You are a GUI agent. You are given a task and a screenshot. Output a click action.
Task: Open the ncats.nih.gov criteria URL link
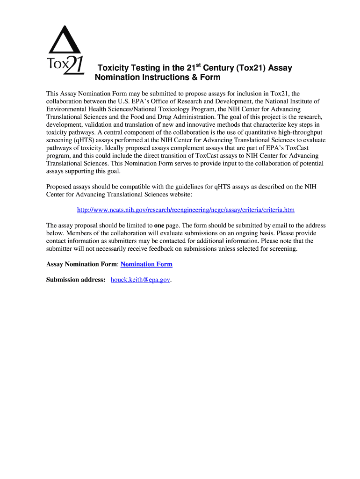[x=186, y=210]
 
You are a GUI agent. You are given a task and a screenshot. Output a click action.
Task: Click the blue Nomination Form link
[x=146, y=264]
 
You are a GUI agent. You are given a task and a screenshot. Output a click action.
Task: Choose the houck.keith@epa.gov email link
[x=140, y=280]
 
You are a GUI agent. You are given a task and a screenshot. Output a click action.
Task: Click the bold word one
[x=159, y=225]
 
